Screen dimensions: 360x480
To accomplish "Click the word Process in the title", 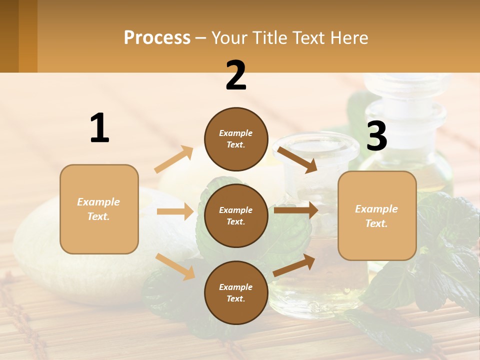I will [x=157, y=38].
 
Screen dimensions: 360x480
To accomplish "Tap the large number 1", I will [x=99, y=128].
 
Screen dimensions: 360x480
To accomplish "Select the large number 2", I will [x=236, y=75].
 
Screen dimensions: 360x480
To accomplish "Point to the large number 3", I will [x=377, y=136].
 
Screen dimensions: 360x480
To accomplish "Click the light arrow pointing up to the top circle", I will [x=174, y=159].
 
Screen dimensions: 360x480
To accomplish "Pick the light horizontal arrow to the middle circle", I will [x=175, y=211].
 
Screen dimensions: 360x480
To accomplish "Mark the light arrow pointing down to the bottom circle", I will [x=175, y=266].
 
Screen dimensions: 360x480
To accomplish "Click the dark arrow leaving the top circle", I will [x=297, y=159].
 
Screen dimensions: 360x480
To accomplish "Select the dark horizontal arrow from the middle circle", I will [x=296, y=210].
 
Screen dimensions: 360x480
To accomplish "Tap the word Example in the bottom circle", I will [x=236, y=287].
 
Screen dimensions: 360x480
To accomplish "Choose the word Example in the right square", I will [x=376, y=209].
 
